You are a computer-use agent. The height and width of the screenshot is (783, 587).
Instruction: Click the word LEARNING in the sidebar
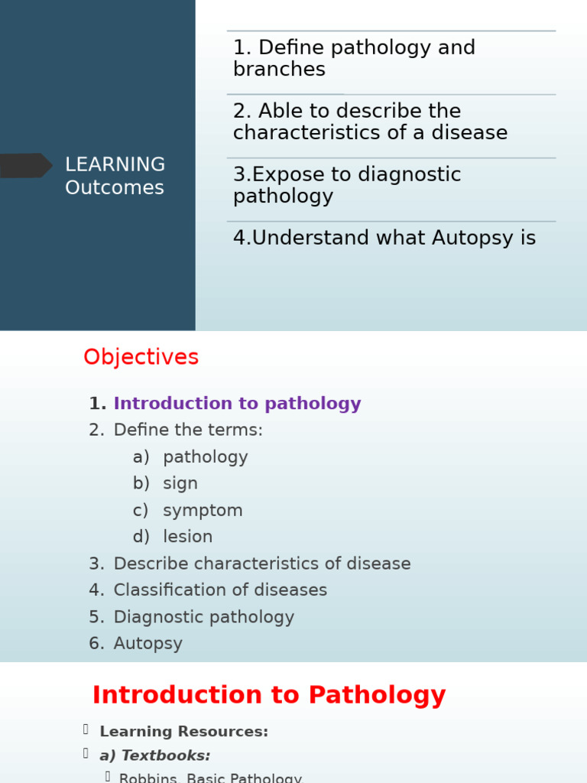[x=115, y=164]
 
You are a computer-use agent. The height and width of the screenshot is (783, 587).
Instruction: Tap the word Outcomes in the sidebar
[x=115, y=188]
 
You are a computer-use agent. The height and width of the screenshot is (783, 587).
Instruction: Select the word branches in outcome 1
[x=279, y=70]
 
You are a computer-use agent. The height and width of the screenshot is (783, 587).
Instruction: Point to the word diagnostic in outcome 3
[x=396, y=174]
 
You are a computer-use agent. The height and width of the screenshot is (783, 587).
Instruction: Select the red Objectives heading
[x=141, y=357]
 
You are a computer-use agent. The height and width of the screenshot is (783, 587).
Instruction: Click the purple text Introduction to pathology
[x=237, y=404]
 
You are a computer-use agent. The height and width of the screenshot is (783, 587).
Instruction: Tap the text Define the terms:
[x=188, y=430]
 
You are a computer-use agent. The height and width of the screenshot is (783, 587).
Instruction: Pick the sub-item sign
[x=180, y=484]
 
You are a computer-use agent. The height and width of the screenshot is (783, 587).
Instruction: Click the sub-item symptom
[x=203, y=511]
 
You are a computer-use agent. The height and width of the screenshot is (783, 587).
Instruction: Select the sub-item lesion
[x=188, y=538]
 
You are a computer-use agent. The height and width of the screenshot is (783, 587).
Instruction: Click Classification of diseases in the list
[x=220, y=590]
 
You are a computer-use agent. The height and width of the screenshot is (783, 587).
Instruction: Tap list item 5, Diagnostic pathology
[x=203, y=617]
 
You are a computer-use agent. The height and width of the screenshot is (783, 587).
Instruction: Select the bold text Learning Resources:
[x=183, y=732]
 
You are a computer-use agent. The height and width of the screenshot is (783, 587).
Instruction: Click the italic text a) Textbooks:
[x=154, y=755]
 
